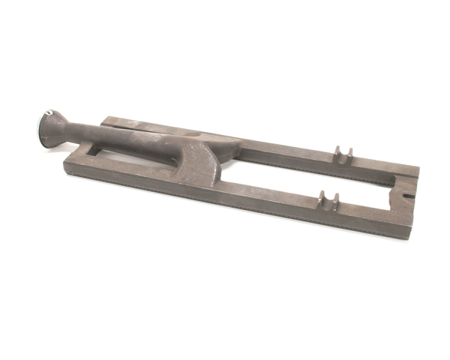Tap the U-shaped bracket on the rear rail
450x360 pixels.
343,153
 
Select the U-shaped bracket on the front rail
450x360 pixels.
328,200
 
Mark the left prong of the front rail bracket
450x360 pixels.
322,199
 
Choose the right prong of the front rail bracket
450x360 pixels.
335,201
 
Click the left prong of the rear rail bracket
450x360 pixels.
337,151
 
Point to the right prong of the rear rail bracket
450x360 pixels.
349,154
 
